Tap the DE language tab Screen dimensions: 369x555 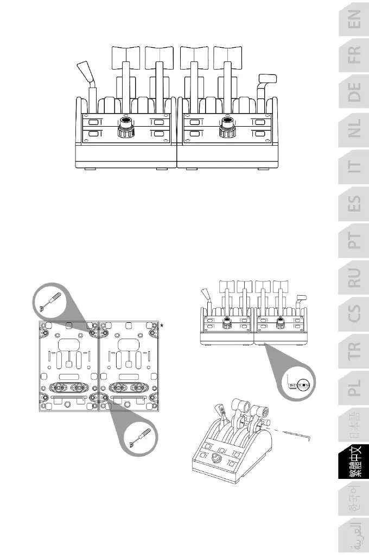[x=353, y=96]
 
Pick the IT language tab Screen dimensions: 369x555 [x=353, y=170]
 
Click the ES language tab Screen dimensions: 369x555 [x=353, y=206]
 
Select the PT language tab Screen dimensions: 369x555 [x=353, y=242]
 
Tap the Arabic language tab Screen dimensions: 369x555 [x=353, y=535]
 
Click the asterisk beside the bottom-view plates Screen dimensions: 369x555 [x=162, y=326]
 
